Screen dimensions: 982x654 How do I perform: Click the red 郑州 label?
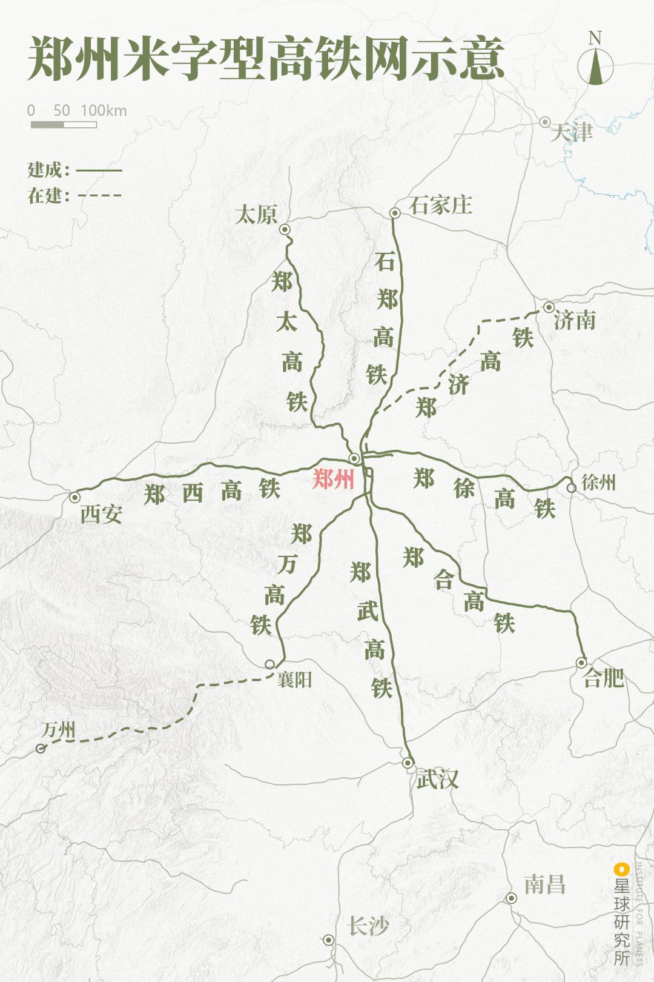pos(333,479)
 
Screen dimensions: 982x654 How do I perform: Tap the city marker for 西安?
pos(74,497)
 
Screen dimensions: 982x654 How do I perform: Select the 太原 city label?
pos(256,215)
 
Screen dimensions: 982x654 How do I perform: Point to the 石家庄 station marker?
pos(395,213)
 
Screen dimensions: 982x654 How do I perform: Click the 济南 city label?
pos(575,319)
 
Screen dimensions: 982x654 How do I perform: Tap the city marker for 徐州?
pos(571,487)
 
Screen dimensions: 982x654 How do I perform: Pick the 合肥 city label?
pos(603,678)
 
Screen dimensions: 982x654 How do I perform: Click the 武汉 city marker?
pos(408,763)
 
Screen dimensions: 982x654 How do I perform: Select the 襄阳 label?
pos(294,680)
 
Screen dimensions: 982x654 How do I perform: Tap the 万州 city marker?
pos(41,749)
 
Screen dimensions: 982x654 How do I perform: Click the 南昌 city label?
pos(544,884)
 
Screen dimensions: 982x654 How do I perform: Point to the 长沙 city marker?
pos(328,940)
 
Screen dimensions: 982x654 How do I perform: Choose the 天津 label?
pos(572,132)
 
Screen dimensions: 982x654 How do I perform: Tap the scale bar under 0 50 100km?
pos(64,125)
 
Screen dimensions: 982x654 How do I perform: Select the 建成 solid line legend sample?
pos(99,170)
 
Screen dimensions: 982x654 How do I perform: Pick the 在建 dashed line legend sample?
pos(99,196)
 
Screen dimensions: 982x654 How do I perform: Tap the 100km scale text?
pos(104,110)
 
